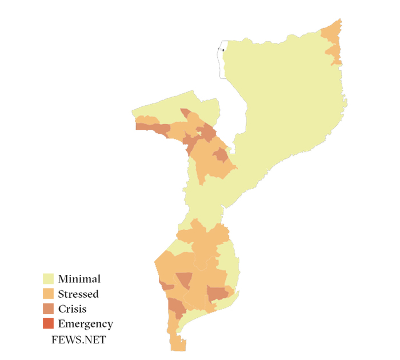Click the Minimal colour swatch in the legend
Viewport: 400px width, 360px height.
[x=49, y=279]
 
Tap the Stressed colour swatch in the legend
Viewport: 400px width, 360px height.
[x=49, y=294]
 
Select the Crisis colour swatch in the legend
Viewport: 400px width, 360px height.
[x=49, y=309]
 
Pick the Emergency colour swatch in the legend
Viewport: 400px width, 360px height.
[x=49, y=324]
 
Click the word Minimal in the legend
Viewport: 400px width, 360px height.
[x=79, y=279]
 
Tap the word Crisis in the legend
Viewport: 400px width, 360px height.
[x=73, y=309]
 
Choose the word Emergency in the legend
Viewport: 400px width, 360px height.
[x=86, y=324]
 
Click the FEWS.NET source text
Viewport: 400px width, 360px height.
[x=79, y=339]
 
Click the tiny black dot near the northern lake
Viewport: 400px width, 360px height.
[x=223, y=50]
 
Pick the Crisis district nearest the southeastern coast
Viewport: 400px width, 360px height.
[x=217, y=294]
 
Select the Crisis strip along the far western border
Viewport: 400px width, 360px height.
[x=152, y=127]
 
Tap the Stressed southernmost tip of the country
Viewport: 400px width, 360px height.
[x=178, y=344]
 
